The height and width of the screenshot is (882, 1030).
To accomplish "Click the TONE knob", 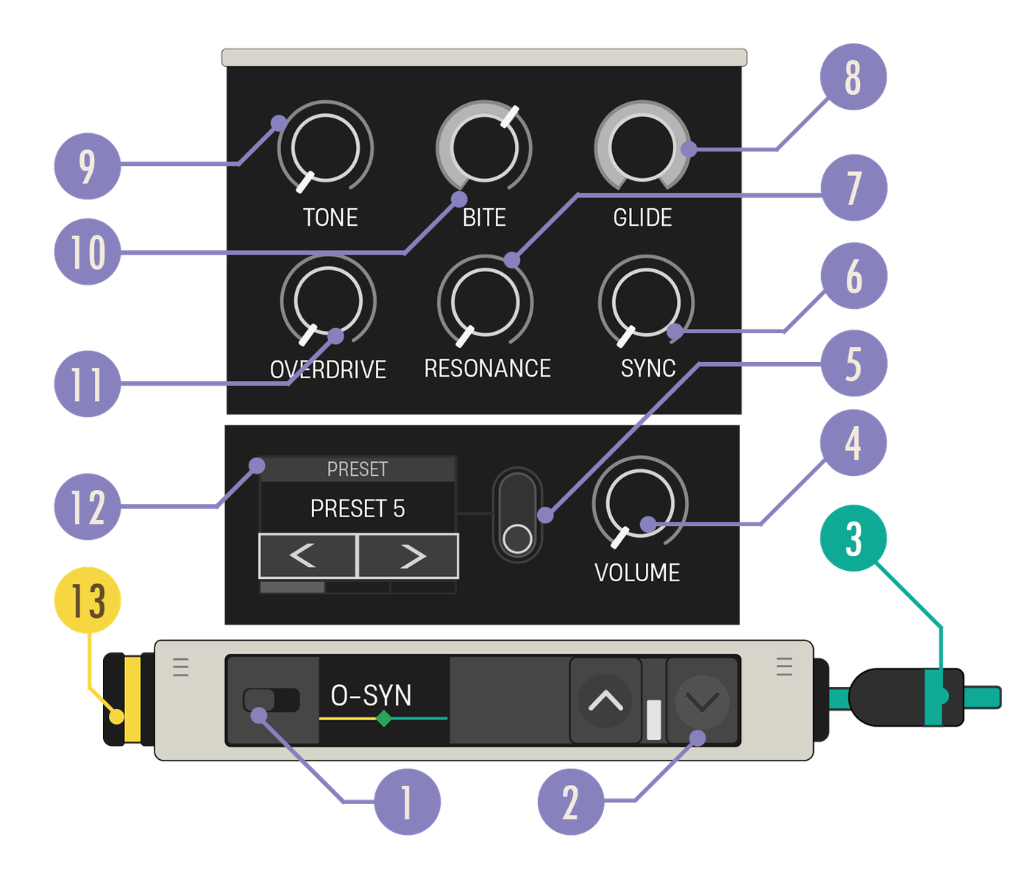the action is point(325,148).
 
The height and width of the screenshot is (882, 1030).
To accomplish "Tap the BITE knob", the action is point(484,148).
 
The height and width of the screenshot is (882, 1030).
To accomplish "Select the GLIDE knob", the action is point(642,147).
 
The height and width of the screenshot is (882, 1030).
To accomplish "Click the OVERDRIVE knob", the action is point(328,301).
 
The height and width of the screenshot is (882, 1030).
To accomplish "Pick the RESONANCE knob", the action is point(486,302).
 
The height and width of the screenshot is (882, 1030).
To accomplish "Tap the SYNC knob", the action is point(646,302).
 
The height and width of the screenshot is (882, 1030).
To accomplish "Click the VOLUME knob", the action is point(640,502).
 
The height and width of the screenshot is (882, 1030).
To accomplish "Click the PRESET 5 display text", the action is point(358,508).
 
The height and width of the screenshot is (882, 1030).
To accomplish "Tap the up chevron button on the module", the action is point(605,700).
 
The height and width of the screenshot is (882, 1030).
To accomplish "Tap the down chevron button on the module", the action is point(702,700).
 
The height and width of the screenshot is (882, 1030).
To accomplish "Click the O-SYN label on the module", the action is point(371,695).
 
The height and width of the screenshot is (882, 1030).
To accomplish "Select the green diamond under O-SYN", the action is point(384,719).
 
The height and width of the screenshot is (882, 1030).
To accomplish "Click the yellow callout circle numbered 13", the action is point(88,600).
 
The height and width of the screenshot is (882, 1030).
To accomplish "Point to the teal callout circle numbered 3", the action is point(853,538).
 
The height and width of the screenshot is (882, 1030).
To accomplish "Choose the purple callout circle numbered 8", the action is point(853,77).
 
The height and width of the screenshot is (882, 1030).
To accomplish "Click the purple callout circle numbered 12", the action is point(88,506).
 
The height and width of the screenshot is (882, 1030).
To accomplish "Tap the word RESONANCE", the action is point(487,369).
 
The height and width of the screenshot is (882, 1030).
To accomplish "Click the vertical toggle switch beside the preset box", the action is point(517,515).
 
